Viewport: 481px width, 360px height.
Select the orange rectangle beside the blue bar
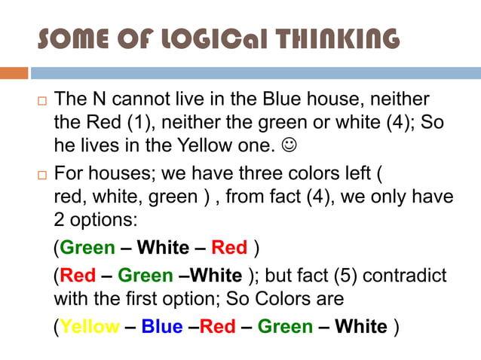point(14,73)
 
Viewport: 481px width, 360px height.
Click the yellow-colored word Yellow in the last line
point(89,327)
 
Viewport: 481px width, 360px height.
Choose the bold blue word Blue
point(162,327)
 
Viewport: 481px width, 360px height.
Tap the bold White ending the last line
point(361,327)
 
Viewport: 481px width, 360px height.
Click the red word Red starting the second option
point(78,275)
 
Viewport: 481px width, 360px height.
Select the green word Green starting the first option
point(87,248)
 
